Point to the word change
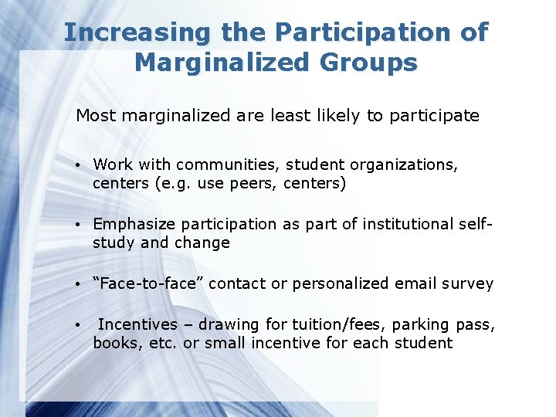(205, 243)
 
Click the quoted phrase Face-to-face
(148, 283)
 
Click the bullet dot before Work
(80, 164)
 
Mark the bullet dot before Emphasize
(80, 225)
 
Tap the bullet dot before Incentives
(80, 324)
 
